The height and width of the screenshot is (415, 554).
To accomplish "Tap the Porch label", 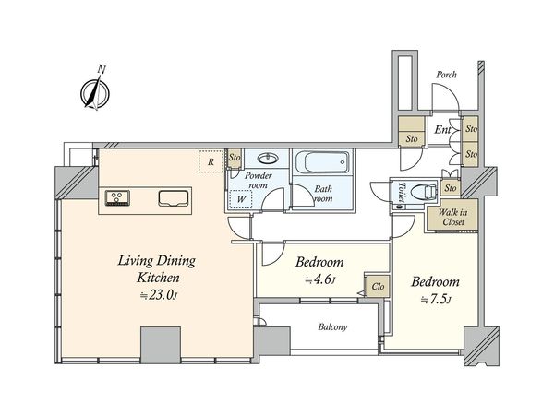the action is point(446,75).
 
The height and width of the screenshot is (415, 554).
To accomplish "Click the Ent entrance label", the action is point(442,129).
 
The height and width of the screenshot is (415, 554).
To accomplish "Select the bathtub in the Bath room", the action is point(322,162).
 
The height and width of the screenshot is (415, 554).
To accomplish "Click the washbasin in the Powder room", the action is point(268,159).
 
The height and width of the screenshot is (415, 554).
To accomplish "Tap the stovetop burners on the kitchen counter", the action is point(117,197).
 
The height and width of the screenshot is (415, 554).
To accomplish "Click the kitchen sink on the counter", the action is point(174,198).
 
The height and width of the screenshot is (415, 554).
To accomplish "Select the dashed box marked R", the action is point(211,161).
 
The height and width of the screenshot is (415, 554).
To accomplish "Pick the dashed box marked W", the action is point(241,199).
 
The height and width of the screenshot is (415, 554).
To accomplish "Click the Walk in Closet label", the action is point(453,217).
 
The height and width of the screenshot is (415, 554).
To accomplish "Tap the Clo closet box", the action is point(378,286).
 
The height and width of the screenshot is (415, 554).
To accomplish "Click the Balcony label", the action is point(332,327).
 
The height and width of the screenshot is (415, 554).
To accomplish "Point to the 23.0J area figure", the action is point(158,295).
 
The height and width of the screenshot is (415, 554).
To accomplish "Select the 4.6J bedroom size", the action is point(319,279).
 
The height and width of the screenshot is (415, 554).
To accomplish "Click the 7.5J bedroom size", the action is point(436,300).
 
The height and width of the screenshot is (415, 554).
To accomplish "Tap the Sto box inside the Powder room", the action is point(234,158).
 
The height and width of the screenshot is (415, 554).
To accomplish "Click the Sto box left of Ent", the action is point(412,131).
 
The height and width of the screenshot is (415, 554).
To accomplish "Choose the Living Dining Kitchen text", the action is point(157,269).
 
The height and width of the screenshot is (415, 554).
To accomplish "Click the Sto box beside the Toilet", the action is point(451,188).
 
